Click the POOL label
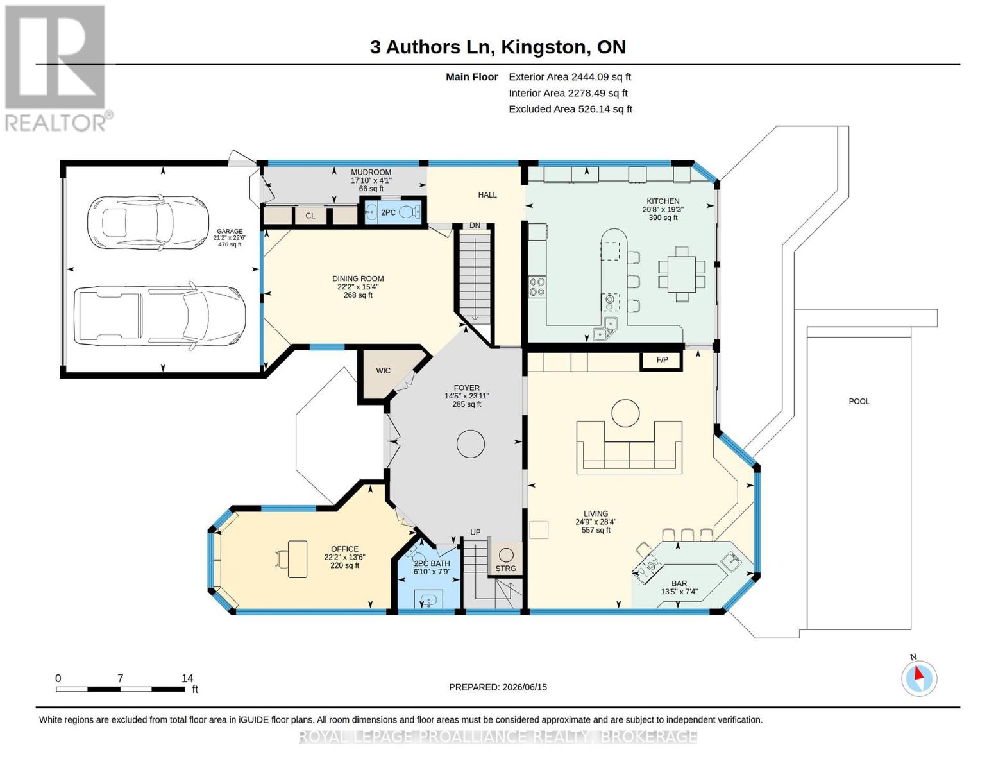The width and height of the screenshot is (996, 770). pyautogui.click(x=859, y=401)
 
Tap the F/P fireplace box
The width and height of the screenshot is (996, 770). pyautogui.click(x=662, y=360)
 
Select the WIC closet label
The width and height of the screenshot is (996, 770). pyautogui.click(x=383, y=370)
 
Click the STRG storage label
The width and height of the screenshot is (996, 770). pyautogui.click(x=505, y=569)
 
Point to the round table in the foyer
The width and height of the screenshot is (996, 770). pyautogui.click(x=470, y=444)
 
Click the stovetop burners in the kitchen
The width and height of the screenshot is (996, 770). pyautogui.click(x=537, y=286)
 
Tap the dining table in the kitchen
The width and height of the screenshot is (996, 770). pyautogui.click(x=682, y=274)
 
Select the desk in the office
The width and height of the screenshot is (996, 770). pyautogui.click(x=298, y=559)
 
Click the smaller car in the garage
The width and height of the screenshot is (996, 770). pyautogui.click(x=148, y=223)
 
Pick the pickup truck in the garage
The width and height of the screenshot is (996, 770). pyautogui.click(x=160, y=316)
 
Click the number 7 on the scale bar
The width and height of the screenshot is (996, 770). pyautogui.click(x=120, y=678)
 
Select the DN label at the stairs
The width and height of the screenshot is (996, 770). pyautogui.click(x=475, y=225)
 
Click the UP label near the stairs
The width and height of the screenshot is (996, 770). pyautogui.click(x=475, y=532)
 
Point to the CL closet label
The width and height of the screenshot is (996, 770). pyautogui.click(x=310, y=216)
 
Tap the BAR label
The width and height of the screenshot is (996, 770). pyautogui.click(x=679, y=583)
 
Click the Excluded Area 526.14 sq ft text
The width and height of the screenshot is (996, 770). pyautogui.click(x=570, y=109)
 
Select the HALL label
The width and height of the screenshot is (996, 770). pyautogui.click(x=487, y=195)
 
